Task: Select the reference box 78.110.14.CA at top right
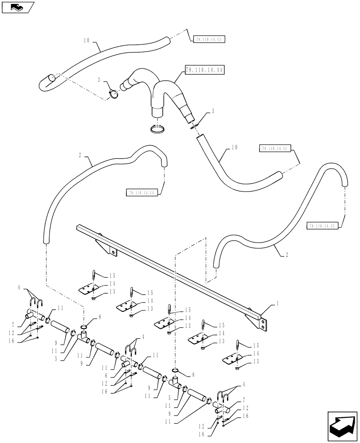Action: coord(209,39)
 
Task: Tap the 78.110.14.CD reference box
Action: coord(142,193)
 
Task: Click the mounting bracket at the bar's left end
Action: coord(108,249)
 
